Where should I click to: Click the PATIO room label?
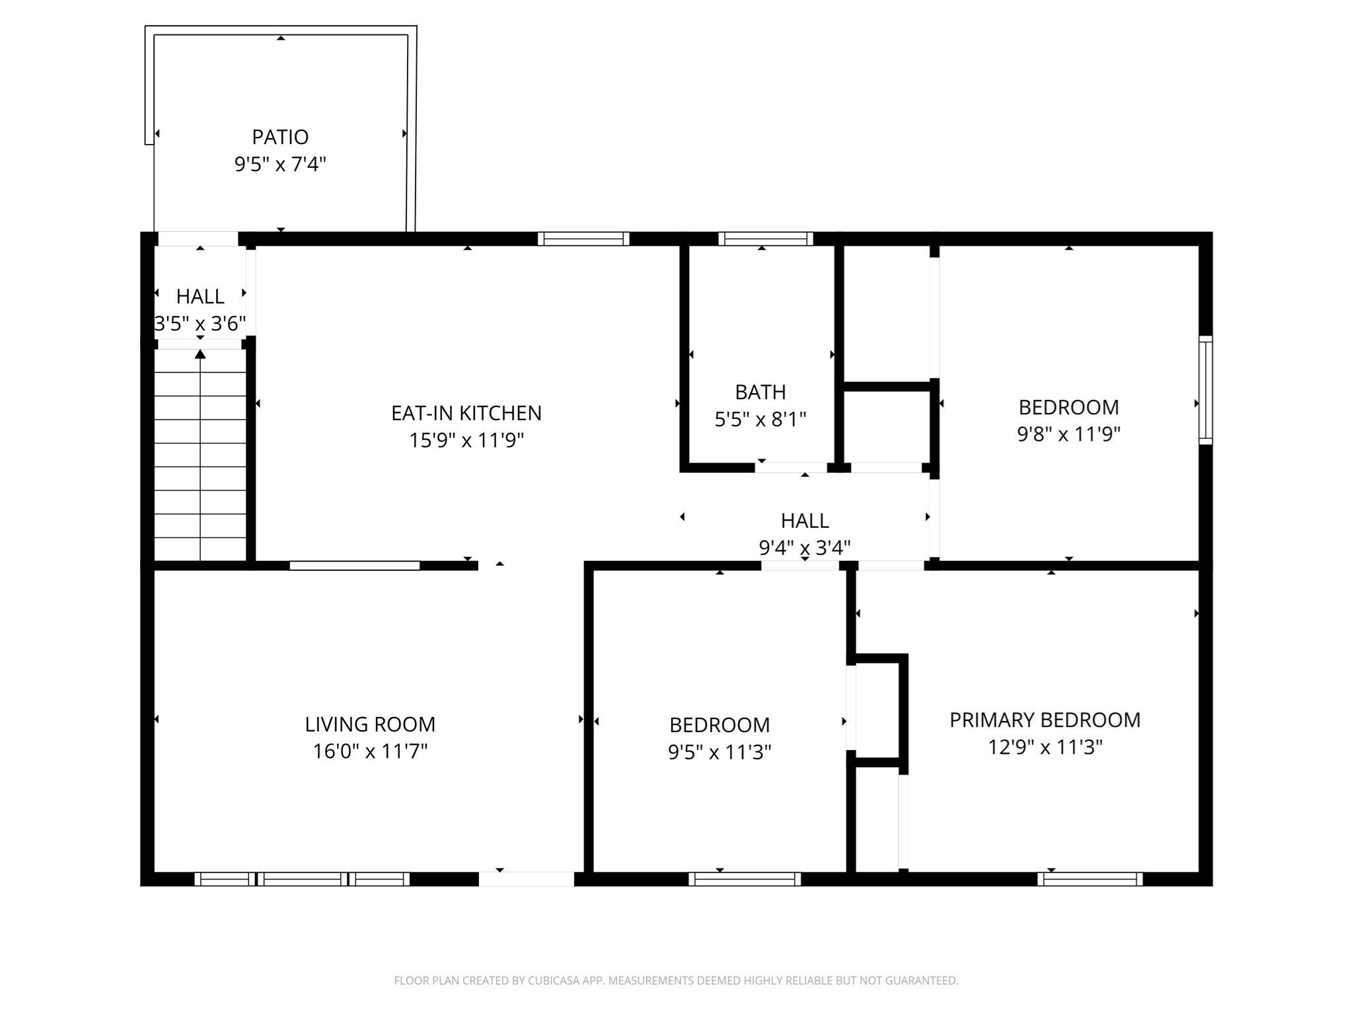[280, 137]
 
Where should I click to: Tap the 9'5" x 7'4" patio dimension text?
[280, 164]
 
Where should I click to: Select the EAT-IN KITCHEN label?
[466, 413]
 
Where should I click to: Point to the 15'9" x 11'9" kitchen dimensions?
[466, 440]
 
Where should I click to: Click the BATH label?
[760, 392]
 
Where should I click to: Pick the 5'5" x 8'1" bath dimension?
[760, 420]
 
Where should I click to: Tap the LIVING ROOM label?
[370, 724]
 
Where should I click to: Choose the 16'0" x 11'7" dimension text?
[370, 751]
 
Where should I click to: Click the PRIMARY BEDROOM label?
[1045, 720]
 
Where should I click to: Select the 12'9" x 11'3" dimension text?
[1045, 747]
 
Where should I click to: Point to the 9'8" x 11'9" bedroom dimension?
[1069, 434]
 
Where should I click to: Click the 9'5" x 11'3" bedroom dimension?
[719, 752]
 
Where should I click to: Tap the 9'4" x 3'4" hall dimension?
[805, 548]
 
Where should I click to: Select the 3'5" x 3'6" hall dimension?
[200, 324]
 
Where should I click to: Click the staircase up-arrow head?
[200, 355]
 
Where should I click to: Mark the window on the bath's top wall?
[766, 239]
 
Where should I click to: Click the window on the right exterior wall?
[1206, 390]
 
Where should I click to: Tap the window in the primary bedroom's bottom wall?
[1089, 879]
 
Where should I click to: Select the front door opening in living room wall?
[526, 879]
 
